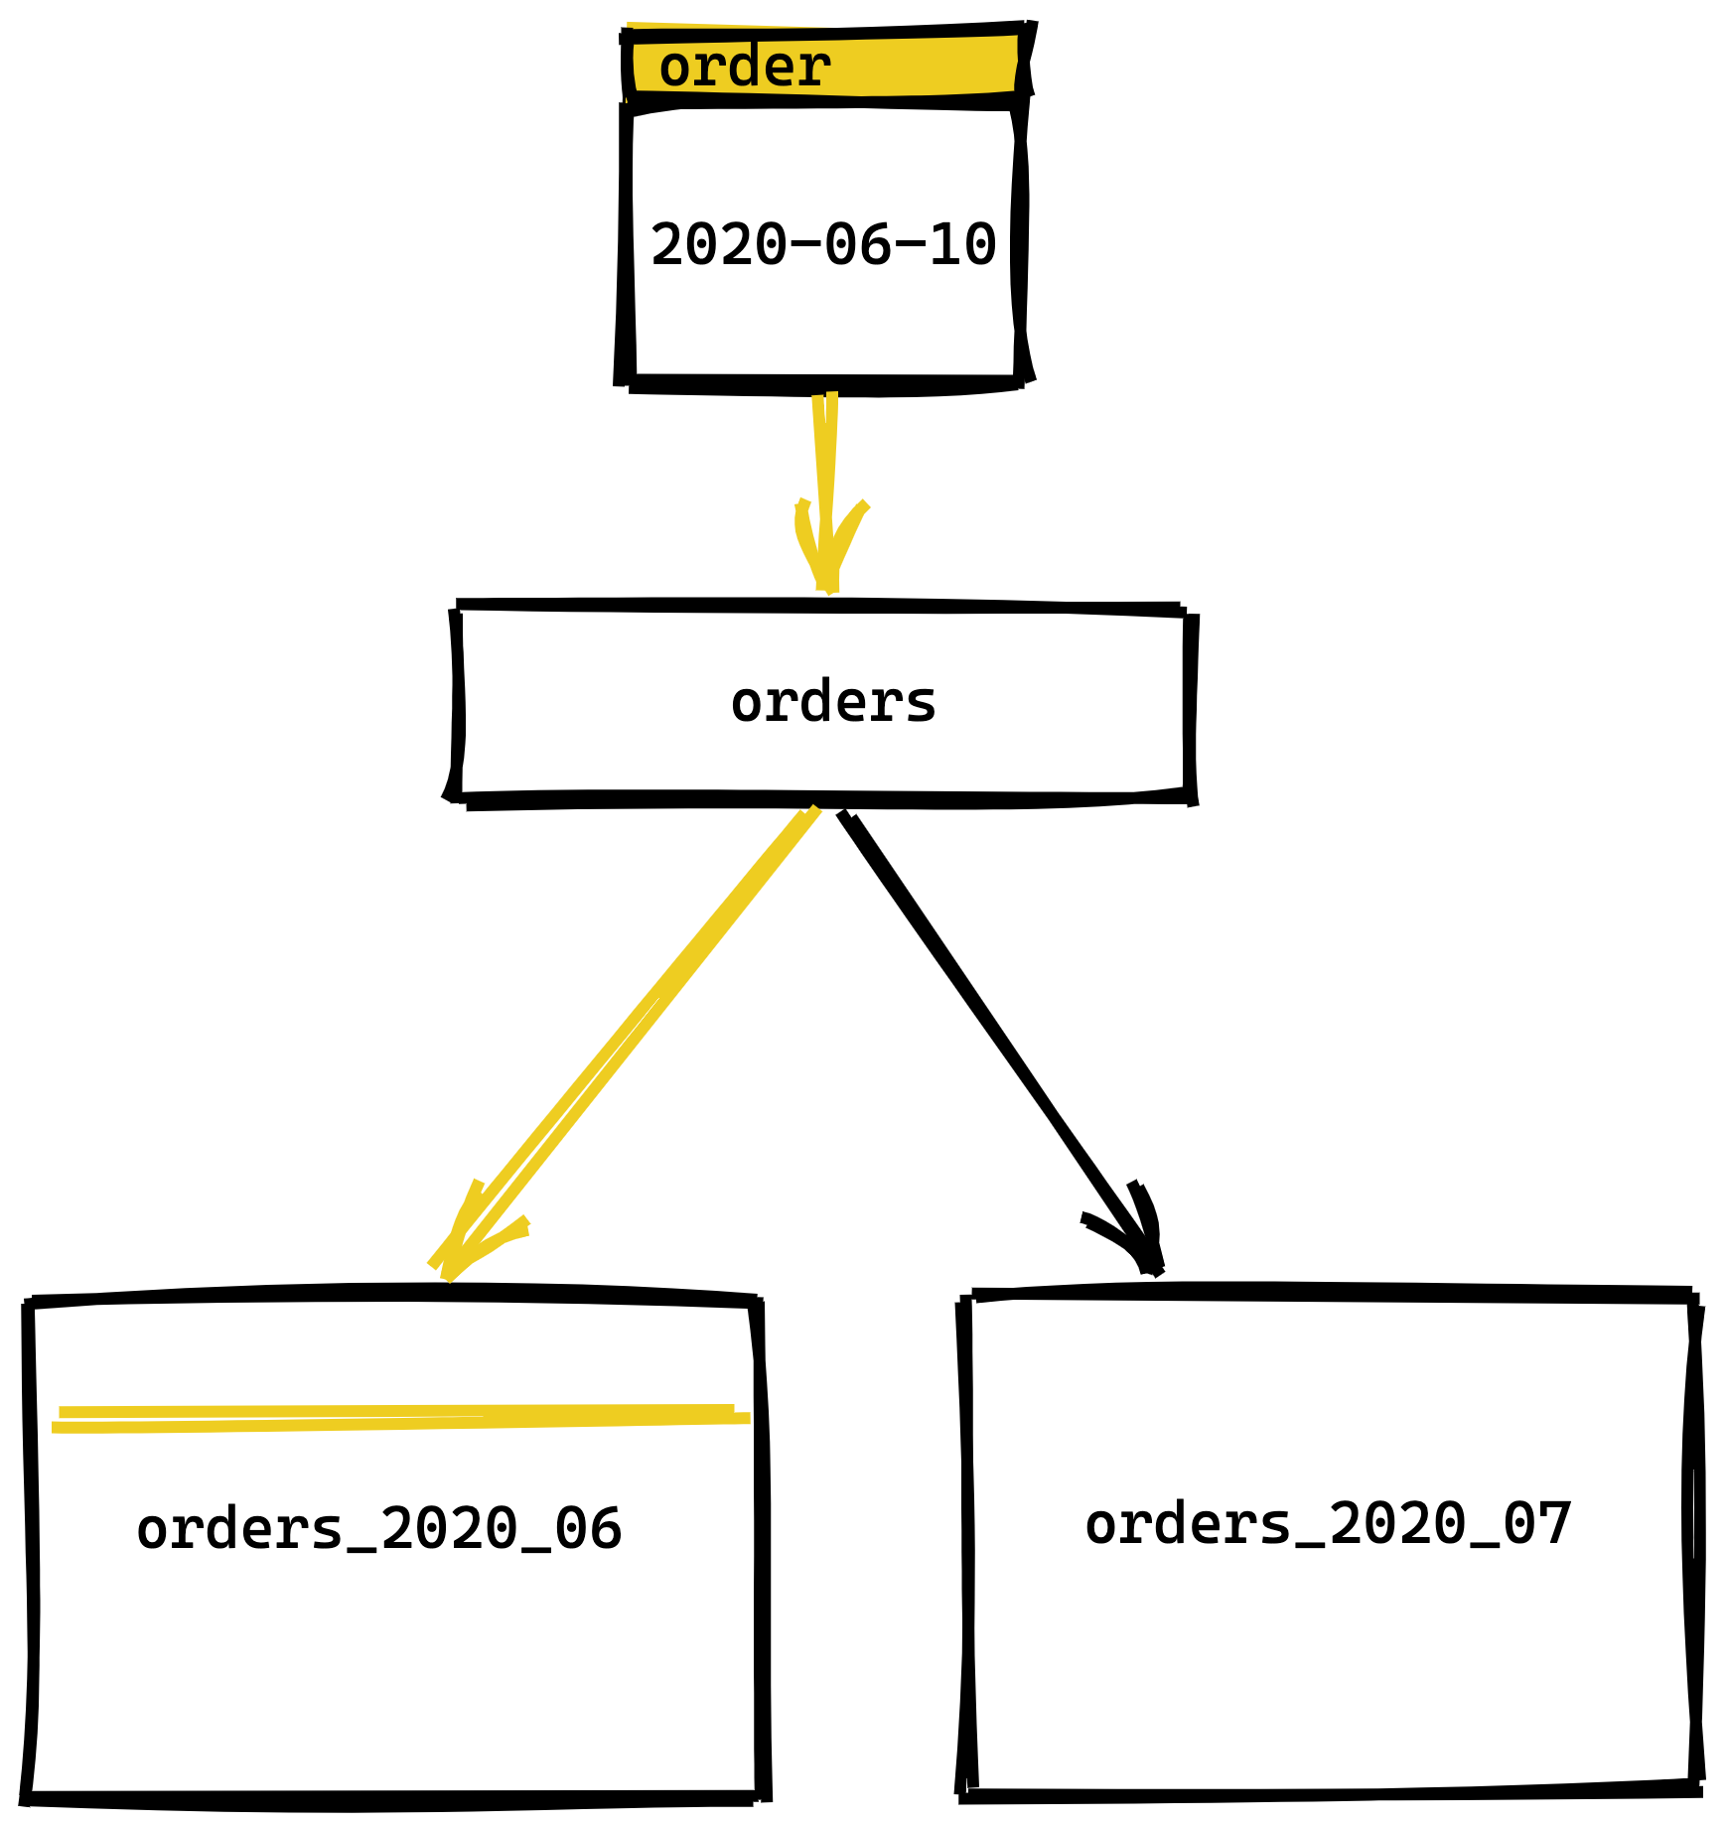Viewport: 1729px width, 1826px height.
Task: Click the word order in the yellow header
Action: click(744, 68)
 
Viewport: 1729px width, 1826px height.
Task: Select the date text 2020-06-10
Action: click(823, 244)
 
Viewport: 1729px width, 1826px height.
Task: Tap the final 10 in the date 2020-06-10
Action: click(962, 244)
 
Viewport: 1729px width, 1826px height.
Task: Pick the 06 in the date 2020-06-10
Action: click(858, 244)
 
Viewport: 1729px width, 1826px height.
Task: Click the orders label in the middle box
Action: click(833, 703)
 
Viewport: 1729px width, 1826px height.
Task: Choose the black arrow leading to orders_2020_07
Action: click(993, 1033)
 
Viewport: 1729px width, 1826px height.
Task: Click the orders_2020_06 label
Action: click(378, 1529)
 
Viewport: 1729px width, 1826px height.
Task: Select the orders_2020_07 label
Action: click(1328, 1524)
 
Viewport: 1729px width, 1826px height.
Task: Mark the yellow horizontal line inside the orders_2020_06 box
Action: click(397, 1419)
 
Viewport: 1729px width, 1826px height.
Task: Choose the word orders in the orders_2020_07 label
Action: click(1188, 1524)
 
